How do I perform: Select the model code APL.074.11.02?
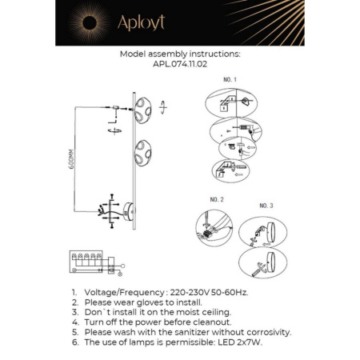coord(179,65)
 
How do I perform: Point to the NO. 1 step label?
coord(230,80)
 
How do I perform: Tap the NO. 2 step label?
coord(217,198)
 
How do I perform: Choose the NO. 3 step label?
coord(266,206)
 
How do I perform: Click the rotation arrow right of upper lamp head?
coord(165,104)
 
